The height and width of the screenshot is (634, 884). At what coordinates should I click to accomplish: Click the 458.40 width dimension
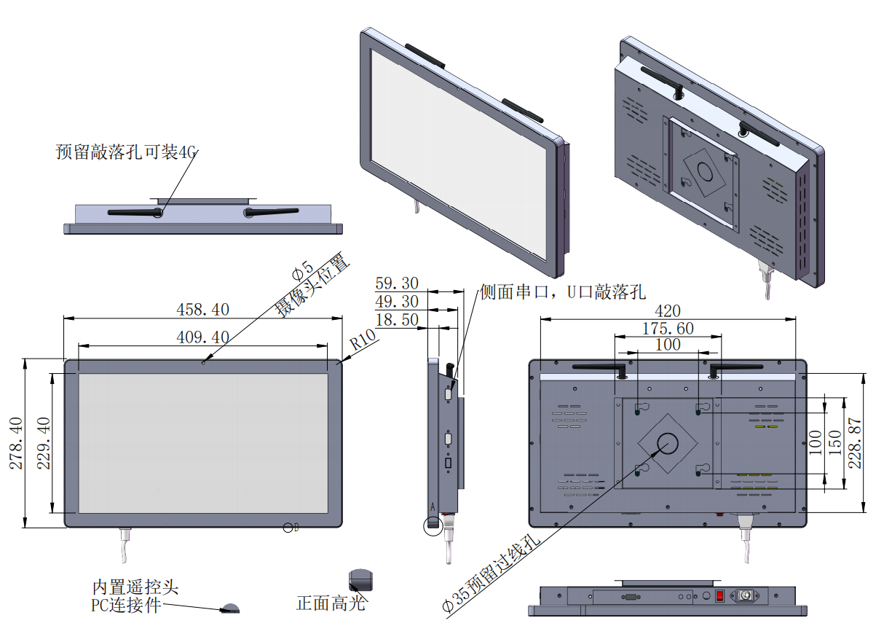[202, 310]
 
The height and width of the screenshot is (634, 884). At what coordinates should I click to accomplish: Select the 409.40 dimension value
[202, 337]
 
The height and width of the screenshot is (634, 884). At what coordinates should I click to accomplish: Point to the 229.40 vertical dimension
[44, 443]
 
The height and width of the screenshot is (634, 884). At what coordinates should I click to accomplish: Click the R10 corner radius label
[362, 340]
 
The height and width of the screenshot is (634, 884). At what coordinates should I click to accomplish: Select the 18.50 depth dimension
[397, 320]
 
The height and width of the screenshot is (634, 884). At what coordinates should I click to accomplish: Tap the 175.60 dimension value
[668, 329]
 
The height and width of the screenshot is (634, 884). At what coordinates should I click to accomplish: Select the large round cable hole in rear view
[667, 442]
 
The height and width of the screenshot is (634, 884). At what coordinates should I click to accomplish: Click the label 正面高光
[331, 603]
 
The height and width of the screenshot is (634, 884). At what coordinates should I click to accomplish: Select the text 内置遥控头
[135, 587]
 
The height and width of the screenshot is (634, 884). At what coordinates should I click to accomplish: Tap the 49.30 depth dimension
[397, 302]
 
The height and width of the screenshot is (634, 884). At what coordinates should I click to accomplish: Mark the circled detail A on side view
[434, 524]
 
